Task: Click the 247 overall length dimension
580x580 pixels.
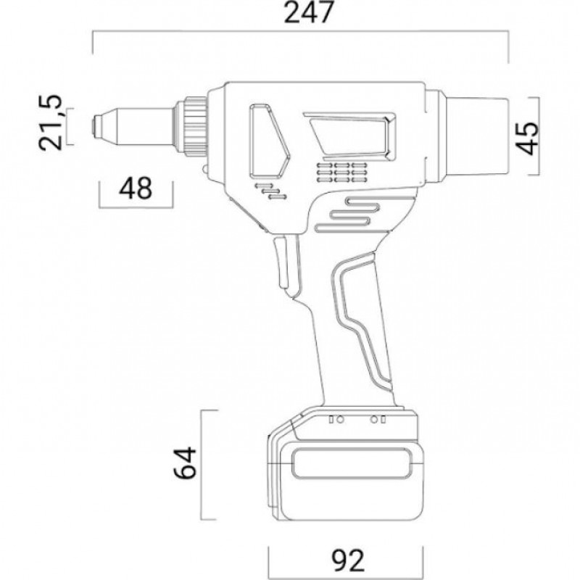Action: [x=309, y=12]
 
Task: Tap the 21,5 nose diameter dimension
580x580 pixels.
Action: [x=50, y=123]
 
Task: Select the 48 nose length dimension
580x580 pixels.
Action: [x=136, y=188]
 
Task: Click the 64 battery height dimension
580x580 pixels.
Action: [x=185, y=463]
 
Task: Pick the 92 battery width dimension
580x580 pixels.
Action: [x=348, y=560]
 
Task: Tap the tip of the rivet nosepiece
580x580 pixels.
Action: [x=94, y=125]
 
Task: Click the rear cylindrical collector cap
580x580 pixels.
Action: [x=477, y=136]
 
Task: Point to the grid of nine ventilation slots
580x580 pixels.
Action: [x=342, y=172]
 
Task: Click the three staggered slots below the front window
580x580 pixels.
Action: [x=270, y=191]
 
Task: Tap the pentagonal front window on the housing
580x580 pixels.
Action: [x=269, y=140]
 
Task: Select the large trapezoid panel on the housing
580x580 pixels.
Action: [x=351, y=136]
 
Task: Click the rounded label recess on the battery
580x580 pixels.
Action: [x=352, y=463]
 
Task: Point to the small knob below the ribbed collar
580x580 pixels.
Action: [x=204, y=169]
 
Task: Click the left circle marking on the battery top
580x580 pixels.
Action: [x=340, y=420]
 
